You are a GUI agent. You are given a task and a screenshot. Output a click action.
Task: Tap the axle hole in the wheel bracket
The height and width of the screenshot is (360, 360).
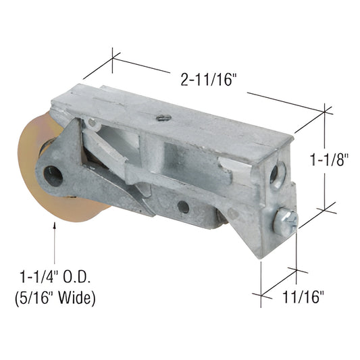pos(53,176)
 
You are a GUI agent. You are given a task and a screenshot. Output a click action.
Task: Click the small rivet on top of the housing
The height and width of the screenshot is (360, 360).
pos(162,118)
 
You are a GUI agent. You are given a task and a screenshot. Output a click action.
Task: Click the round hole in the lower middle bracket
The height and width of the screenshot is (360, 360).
pos(183,206)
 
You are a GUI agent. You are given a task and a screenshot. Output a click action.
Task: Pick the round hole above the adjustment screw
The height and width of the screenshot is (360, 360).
pos(274,174)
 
